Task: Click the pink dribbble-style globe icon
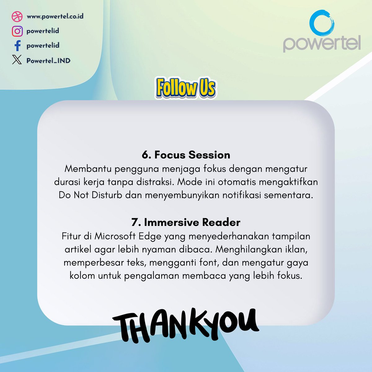(x=17, y=16)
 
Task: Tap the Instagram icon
(x=17, y=31)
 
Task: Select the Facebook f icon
(x=18, y=46)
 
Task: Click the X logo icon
(x=17, y=60)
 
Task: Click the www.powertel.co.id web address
(x=55, y=16)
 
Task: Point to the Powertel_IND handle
(x=48, y=60)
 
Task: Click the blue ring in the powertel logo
(x=322, y=23)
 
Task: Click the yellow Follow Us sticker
(x=186, y=87)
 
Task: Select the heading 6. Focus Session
(x=186, y=155)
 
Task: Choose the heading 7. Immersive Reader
(x=186, y=222)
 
